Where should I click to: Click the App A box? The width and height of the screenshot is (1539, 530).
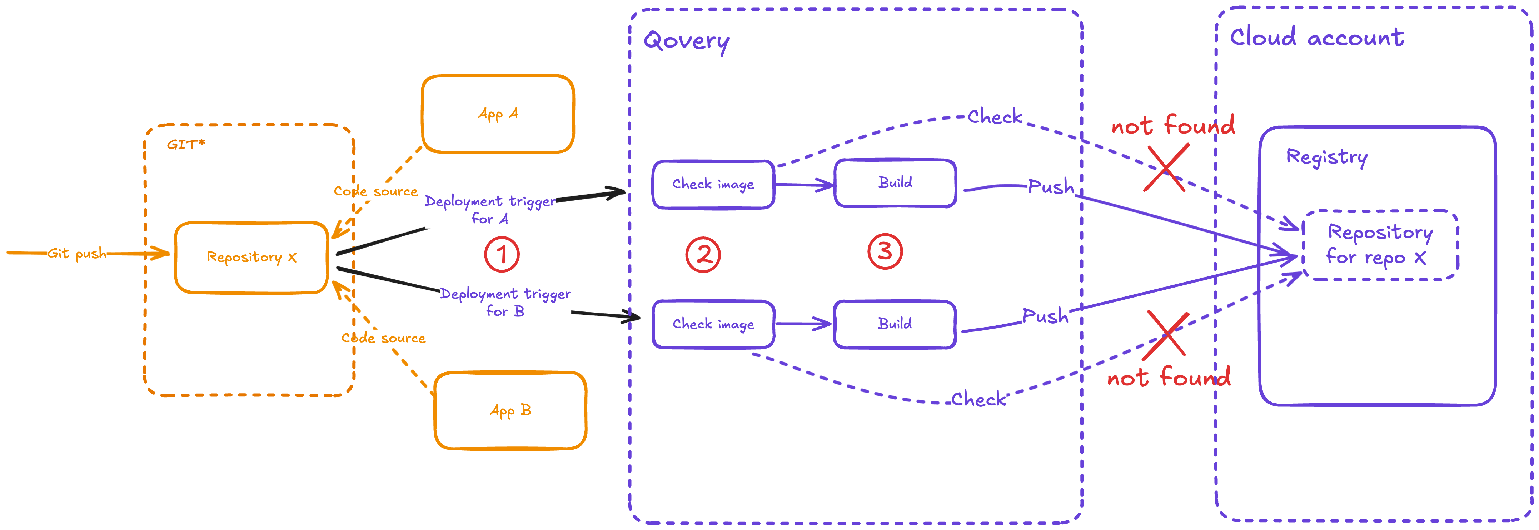point(498,114)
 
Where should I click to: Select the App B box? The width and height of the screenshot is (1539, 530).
point(510,410)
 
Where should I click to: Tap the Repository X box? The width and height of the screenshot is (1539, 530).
point(251,257)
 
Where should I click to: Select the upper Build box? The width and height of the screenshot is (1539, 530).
point(895,183)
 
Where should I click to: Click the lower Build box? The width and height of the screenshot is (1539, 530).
point(895,324)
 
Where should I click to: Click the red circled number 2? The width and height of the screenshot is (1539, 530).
point(703,255)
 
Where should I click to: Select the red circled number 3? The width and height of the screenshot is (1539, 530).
point(885,251)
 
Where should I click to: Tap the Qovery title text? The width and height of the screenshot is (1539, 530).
point(687,41)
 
